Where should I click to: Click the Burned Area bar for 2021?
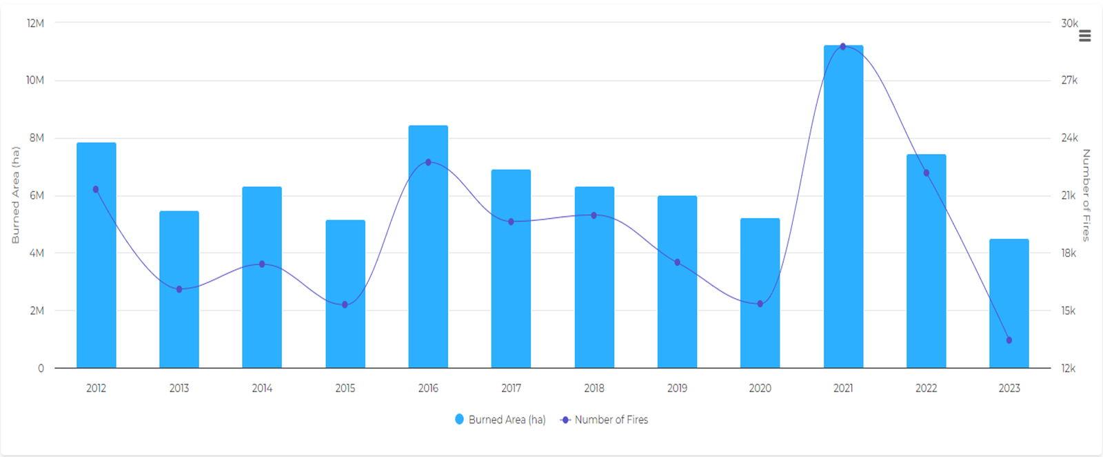click(x=843, y=207)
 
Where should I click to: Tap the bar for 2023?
click(x=1009, y=304)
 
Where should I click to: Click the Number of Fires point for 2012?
click(x=96, y=189)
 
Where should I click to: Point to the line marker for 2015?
click(x=345, y=304)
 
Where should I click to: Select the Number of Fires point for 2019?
click(x=677, y=262)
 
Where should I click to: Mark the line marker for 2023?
click(x=1009, y=340)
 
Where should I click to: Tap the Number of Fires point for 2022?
click(x=926, y=173)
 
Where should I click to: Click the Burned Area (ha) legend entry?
click(x=500, y=420)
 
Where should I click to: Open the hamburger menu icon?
click(x=1085, y=36)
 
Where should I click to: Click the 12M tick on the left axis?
click(x=35, y=23)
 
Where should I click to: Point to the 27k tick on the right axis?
click(x=1069, y=81)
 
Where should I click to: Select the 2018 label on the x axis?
click(x=594, y=388)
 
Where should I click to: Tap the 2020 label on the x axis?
click(x=760, y=388)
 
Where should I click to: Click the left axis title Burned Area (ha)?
click(x=15, y=195)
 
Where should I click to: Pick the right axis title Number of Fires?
click(x=1086, y=195)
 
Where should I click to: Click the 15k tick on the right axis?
click(x=1068, y=311)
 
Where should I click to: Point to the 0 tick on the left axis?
click(x=41, y=369)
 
